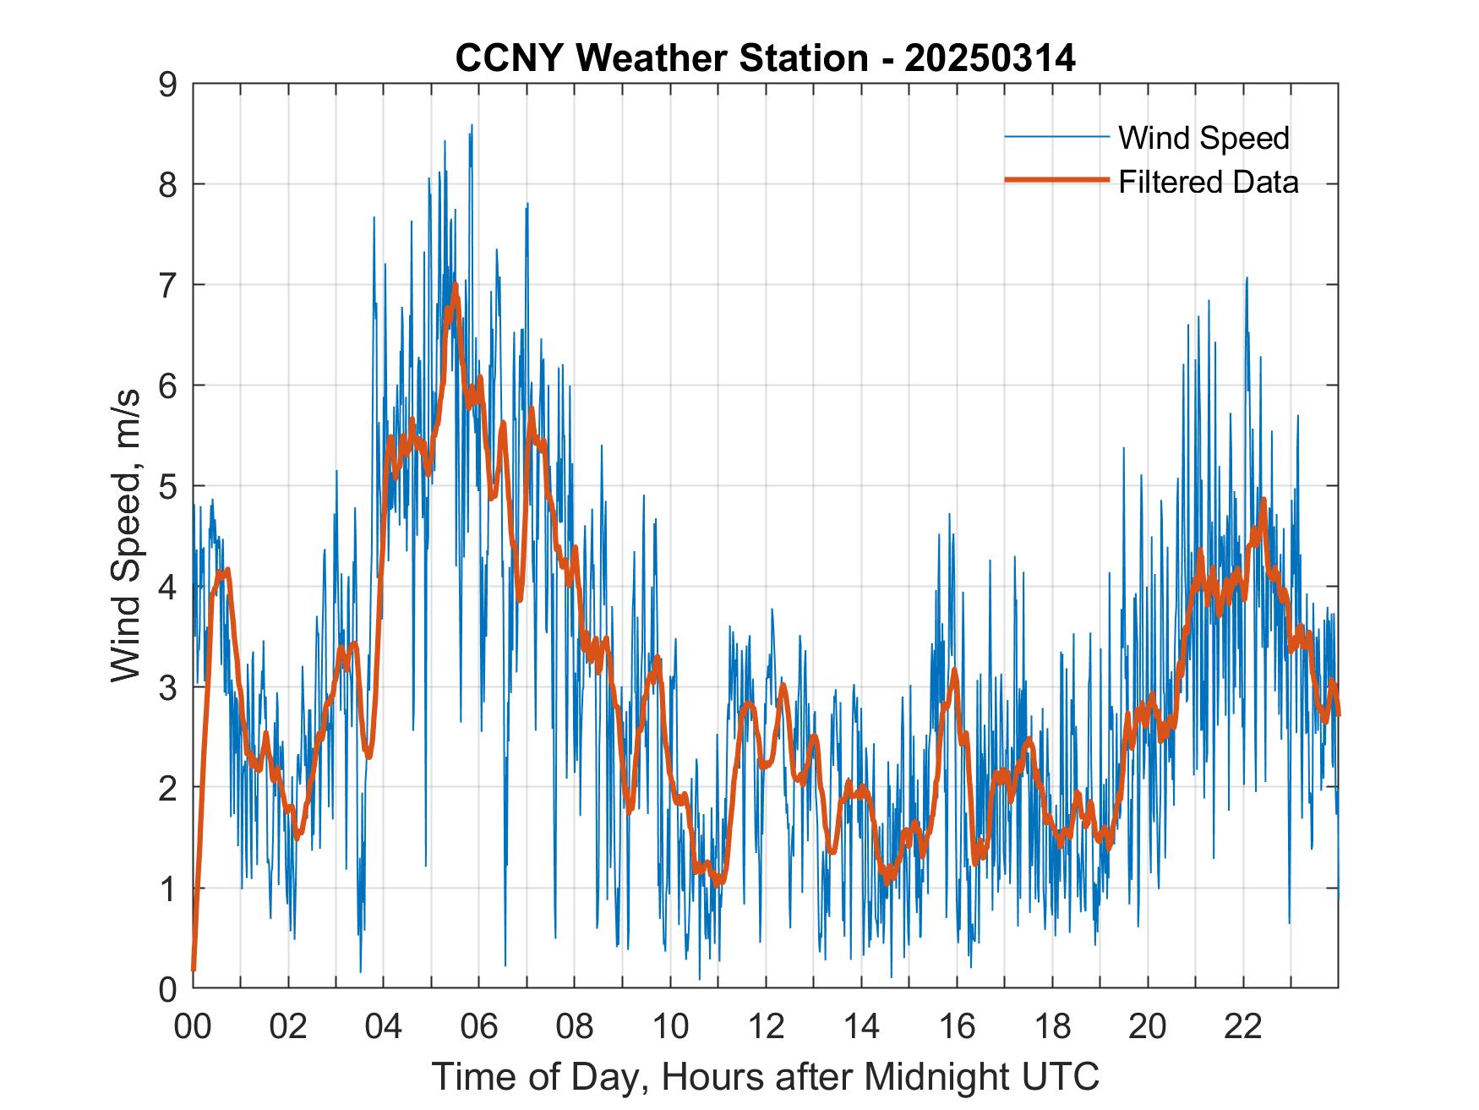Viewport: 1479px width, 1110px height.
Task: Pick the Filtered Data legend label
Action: (x=1208, y=182)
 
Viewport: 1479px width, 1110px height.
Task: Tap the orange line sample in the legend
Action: (x=1056, y=180)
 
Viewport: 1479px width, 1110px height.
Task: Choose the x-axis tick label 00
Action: (x=193, y=1027)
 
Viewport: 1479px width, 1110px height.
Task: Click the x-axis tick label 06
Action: (x=478, y=1027)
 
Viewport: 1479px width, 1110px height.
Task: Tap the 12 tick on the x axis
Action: (x=766, y=1027)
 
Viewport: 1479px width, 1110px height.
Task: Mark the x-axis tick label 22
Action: (x=1243, y=1027)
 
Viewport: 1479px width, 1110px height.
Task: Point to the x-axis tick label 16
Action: (x=957, y=1027)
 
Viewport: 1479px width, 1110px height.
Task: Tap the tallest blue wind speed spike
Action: (x=472, y=126)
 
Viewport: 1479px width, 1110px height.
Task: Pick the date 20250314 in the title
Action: (x=990, y=58)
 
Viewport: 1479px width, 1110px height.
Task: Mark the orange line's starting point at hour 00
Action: (x=194, y=969)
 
